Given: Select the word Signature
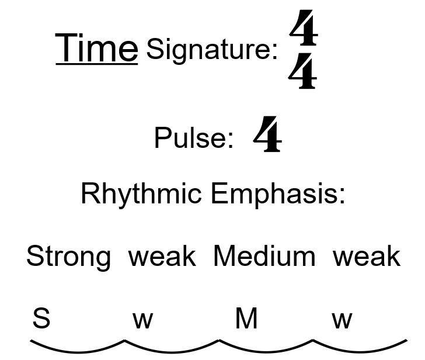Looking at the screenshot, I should tap(211, 49).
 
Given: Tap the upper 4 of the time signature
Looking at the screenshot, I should tap(304, 30).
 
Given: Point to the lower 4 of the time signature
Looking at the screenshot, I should tap(303, 73).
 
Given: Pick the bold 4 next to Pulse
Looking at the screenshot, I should tap(267, 135).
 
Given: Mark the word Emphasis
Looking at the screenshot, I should tap(278, 193).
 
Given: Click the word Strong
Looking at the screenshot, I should tap(68, 257).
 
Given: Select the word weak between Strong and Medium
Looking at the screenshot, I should tap(162, 257).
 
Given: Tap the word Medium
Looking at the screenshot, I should tap(264, 257).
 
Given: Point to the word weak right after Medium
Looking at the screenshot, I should tap(367, 257).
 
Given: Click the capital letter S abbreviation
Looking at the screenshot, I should tap(41, 319).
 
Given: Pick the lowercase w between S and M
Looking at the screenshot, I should tap(143, 320).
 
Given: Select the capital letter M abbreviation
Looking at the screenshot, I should tap(246, 319).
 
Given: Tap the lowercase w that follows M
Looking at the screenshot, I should tap(342, 320).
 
